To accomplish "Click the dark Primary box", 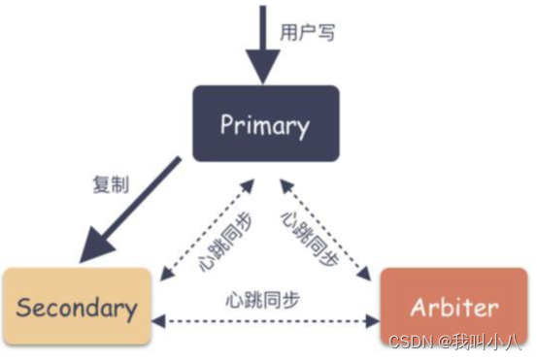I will pos(264,123).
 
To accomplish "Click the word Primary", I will pos(264,124).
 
